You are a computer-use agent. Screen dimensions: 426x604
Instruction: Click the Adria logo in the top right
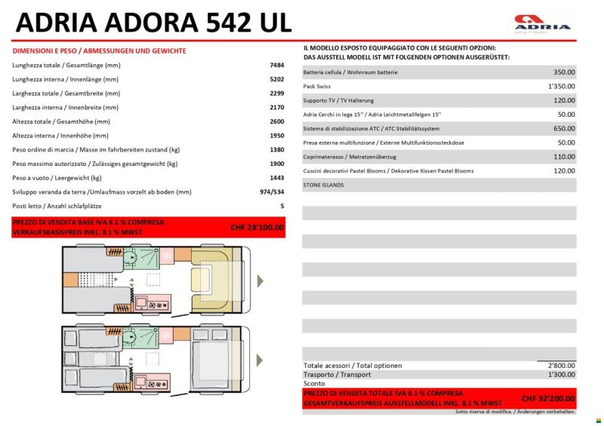[x=542, y=23]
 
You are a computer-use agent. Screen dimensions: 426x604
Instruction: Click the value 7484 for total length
[x=276, y=66]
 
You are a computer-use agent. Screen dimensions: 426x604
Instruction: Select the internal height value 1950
[x=276, y=136]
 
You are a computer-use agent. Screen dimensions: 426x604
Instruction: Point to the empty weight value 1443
[x=276, y=178]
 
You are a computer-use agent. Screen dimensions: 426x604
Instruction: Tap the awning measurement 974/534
[x=271, y=192]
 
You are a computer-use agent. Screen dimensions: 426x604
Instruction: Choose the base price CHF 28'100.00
[x=257, y=227]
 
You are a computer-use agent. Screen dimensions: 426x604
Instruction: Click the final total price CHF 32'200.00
[x=548, y=397]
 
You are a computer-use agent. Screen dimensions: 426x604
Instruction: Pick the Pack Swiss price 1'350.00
[x=561, y=87]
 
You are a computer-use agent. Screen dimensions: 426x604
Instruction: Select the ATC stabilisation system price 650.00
[x=563, y=129]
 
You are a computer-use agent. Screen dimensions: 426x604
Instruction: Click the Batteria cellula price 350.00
[x=563, y=72]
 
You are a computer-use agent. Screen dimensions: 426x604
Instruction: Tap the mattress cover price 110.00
[x=563, y=157]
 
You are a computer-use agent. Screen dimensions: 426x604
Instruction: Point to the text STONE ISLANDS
[x=323, y=185]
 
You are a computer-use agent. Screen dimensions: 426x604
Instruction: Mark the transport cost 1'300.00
[x=561, y=375]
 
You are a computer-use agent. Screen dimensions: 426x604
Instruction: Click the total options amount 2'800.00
[x=561, y=366]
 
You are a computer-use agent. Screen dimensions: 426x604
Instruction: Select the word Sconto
[x=314, y=384]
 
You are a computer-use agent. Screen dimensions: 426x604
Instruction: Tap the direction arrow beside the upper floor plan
[x=260, y=281]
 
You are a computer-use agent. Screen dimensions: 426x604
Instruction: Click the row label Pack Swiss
[x=317, y=87]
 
